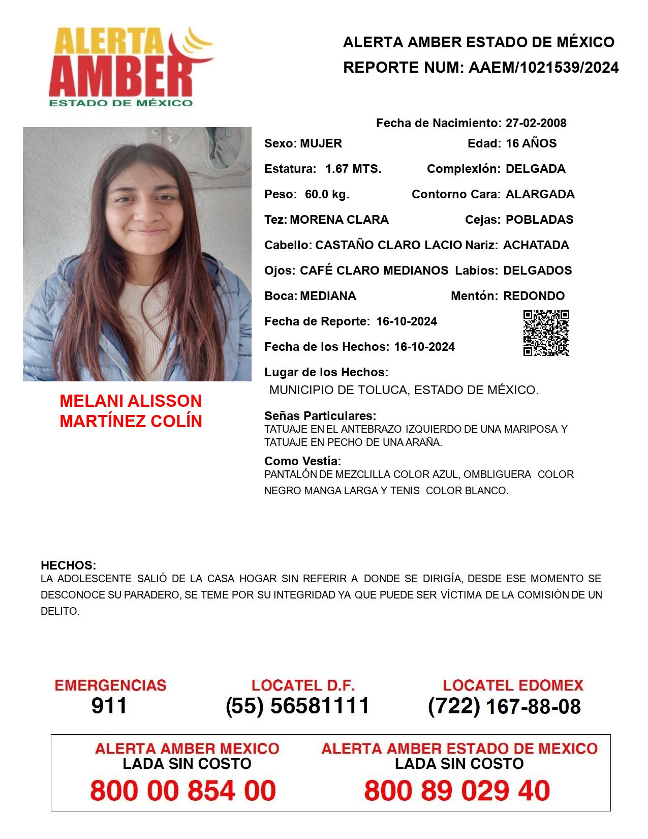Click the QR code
click(x=546, y=333)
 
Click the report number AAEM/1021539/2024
click(x=543, y=68)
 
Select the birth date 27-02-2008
click(x=536, y=123)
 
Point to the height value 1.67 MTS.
click(x=353, y=169)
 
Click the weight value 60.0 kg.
click(x=327, y=194)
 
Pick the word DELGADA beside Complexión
click(x=535, y=169)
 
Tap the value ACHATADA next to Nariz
click(x=536, y=245)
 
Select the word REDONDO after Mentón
click(x=534, y=296)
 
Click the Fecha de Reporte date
click(x=407, y=321)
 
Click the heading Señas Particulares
click(x=320, y=416)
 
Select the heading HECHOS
click(x=68, y=565)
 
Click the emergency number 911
click(x=109, y=706)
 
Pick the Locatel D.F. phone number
click(x=297, y=706)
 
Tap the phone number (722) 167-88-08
click(x=504, y=706)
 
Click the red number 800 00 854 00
click(x=183, y=791)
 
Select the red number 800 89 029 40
click(x=457, y=791)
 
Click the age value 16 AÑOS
click(x=531, y=143)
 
